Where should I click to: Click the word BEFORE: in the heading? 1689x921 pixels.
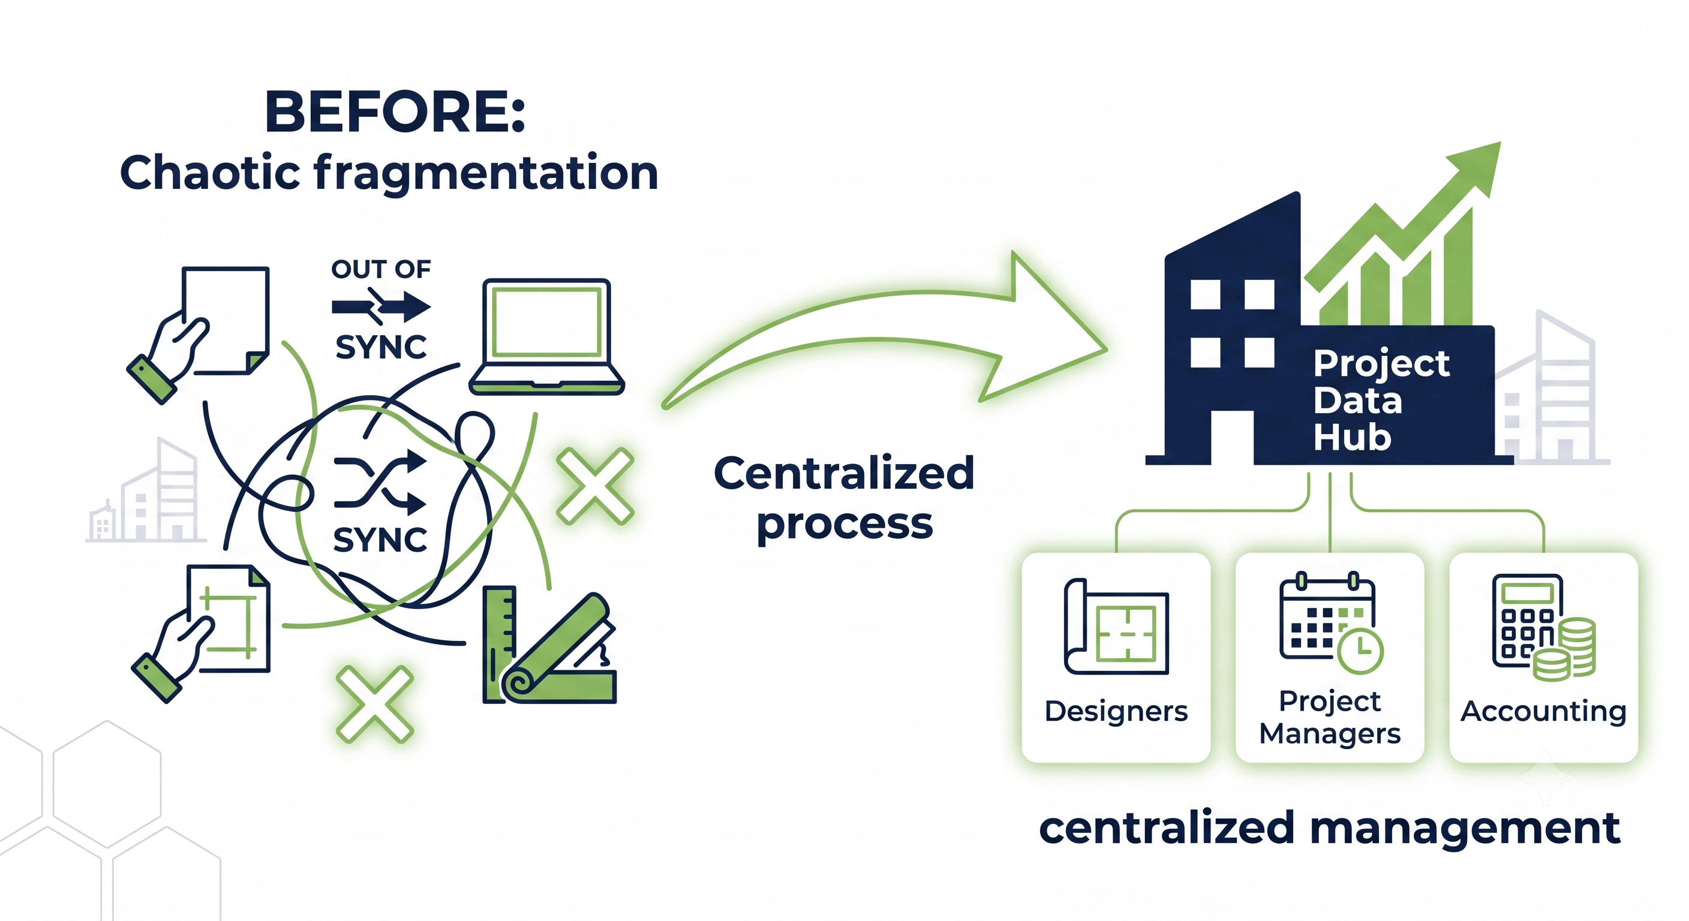pyautogui.click(x=395, y=112)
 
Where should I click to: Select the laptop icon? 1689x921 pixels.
pyautogui.click(x=546, y=337)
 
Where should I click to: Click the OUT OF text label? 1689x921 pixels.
pyautogui.click(x=381, y=269)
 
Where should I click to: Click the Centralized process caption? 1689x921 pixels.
pyautogui.click(x=844, y=498)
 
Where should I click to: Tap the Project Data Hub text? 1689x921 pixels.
pyautogui.click(x=1381, y=400)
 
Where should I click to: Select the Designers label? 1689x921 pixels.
pyautogui.click(x=1116, y=711)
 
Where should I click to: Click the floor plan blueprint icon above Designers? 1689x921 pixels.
pyautogui.click(x=1117, y=627)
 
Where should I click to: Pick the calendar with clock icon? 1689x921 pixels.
pyautogui.click(x=1331, y=623)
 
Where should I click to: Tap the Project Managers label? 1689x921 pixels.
pyautogui.click(x=1330, y=718)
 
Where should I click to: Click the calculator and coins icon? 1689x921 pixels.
pyautogui.click(x=1543, y=628)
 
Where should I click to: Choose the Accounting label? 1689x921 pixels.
pyautogui.click(x=1543, y=711)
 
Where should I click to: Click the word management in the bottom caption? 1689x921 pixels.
pyautogui.click(x=1465, y=829)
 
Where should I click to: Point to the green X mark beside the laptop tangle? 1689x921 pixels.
pyautogui.click(x=595, y=486)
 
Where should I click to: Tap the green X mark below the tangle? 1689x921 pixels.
pyautogui.click(x=375, y=705)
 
